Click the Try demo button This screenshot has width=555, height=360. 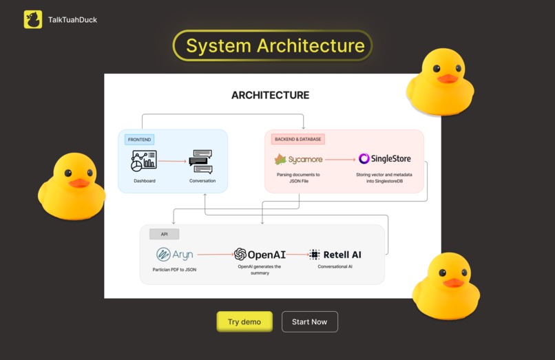click(244, 321)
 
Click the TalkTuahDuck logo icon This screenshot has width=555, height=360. click(32, 19)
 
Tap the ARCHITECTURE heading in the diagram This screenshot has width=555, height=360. click(270, 95)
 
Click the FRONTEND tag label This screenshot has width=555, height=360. click(140, 139)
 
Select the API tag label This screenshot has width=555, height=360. click(164, 234)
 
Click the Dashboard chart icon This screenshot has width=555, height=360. click(144, 161)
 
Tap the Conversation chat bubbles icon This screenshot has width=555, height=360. click(201, 161)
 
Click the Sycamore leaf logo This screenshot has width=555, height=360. click(280, 160)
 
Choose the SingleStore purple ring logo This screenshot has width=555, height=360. click(364, 159)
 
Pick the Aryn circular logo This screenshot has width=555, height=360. click(163, 254)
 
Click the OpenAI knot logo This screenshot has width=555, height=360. click(240, 254)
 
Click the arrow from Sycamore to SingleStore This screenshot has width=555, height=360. click(340, 159)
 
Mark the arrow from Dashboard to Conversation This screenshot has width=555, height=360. click(172, 162)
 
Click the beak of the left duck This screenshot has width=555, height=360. click(79, 182)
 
